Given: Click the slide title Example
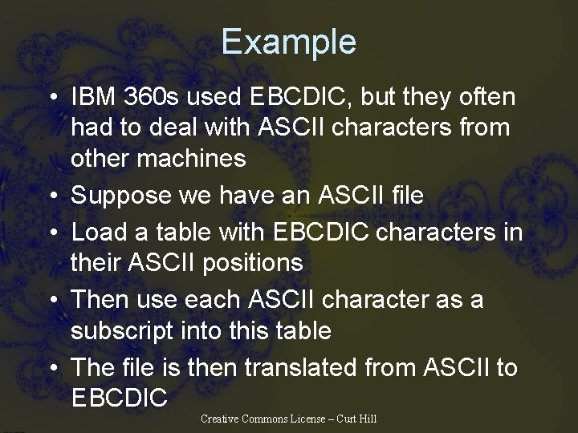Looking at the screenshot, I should pos(288,42).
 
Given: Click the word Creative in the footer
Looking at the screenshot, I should pos(218,419).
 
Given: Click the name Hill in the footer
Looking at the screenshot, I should pos(368,419).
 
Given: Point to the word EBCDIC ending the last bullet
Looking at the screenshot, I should pos(120,397).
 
